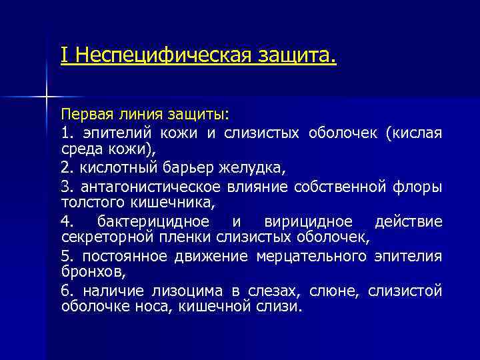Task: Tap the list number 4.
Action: (x=65, y=222)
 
